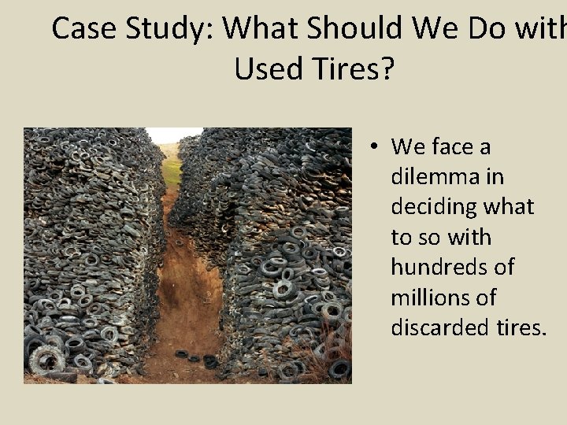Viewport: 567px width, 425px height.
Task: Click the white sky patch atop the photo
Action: (x=173, y=135)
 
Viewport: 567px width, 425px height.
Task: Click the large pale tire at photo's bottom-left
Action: (x=46, y=359)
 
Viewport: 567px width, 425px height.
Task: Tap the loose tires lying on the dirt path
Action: (x=197, y=358)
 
